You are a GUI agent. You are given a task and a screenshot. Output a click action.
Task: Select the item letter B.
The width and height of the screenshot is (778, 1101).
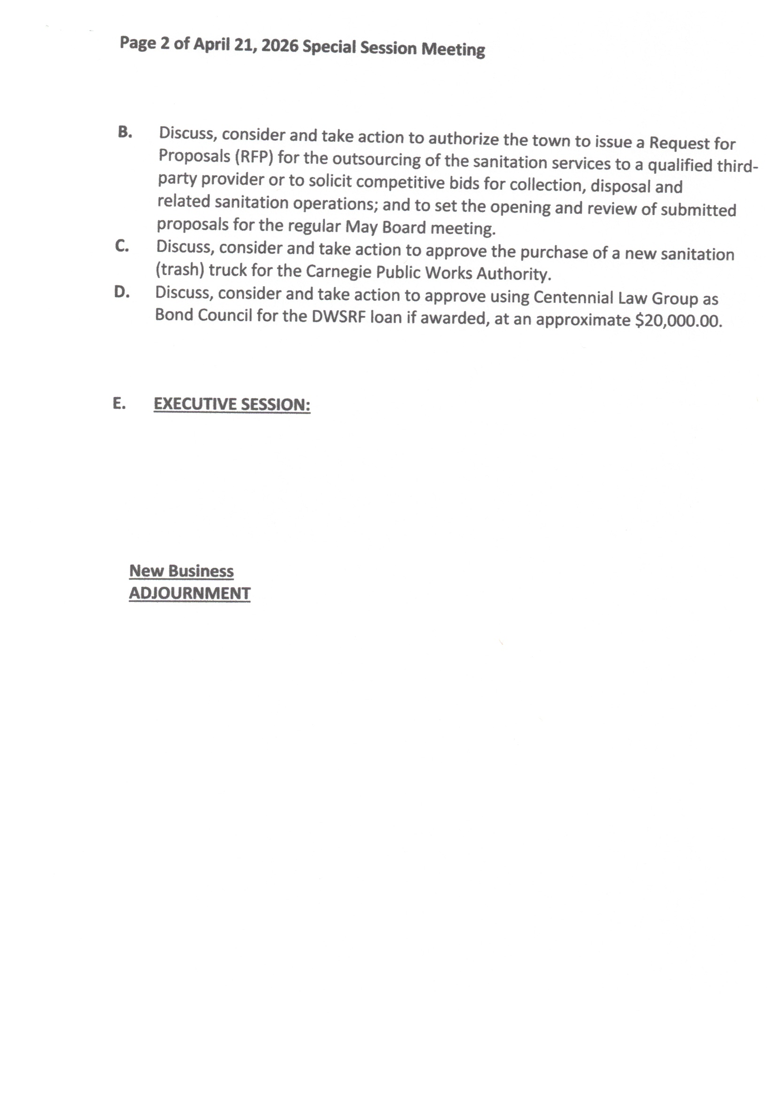coord(125,132)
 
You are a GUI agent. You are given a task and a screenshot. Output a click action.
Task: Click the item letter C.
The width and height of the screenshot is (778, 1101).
coord(122,246)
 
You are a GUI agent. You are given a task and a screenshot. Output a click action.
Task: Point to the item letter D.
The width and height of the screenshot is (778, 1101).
coord(122,291)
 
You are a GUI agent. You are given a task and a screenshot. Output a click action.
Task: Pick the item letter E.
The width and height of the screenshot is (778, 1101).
coord(120,403)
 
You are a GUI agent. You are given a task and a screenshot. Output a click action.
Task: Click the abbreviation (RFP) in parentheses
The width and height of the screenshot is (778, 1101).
coord(254,157)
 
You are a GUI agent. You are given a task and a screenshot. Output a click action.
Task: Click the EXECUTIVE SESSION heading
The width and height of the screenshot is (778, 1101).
coord(232,404)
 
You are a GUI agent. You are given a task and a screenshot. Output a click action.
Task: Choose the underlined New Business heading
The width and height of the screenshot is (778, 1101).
coord(181,571)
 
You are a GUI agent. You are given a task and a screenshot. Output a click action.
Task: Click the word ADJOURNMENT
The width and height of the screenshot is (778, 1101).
coord(189,593)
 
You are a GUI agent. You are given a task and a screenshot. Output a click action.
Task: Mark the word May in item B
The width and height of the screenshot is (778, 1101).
coord(361,227)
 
